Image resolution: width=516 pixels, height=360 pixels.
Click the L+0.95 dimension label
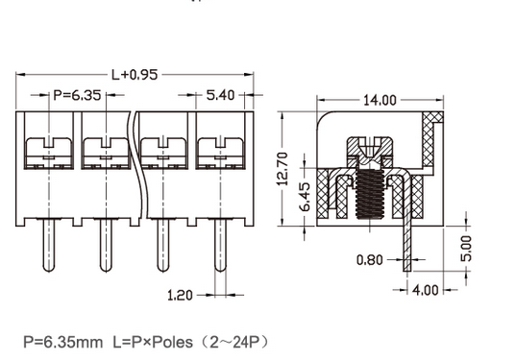point(135,74)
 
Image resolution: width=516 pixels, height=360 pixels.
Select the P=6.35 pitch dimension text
point(76,96)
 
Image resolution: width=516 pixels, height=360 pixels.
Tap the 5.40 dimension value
point(221,96)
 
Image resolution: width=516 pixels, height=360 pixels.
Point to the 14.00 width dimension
point(380,100)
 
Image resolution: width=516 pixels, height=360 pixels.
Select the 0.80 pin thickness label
point(370,259)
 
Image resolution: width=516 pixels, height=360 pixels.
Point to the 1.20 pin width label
point(179,296)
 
